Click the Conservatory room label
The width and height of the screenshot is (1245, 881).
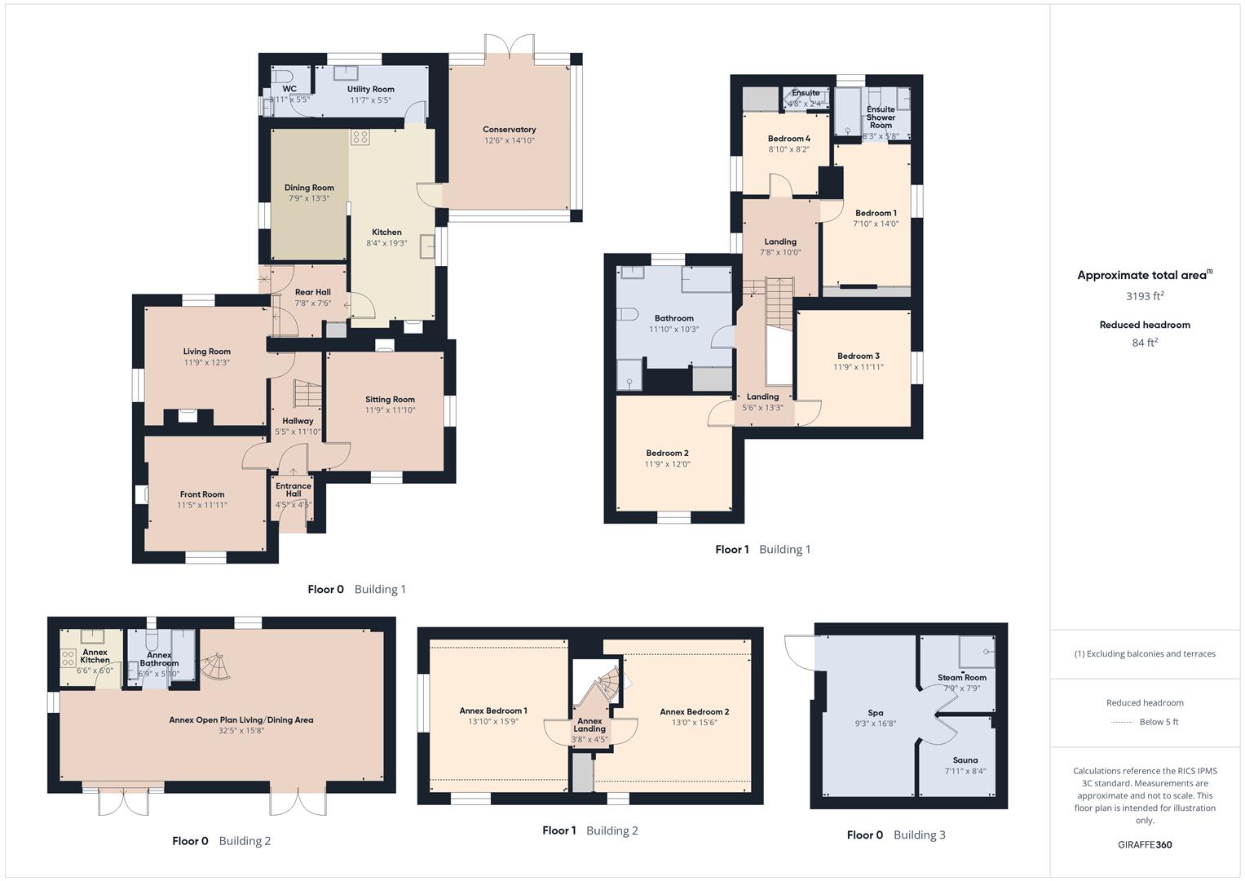(509, 130)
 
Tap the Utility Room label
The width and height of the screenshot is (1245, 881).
(370, 90)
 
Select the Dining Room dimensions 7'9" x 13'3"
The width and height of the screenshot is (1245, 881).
(309, 198)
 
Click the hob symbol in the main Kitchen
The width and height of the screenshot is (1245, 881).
(360, 137)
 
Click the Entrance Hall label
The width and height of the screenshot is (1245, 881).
(294, 489)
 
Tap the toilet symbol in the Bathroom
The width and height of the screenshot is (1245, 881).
(627, 314)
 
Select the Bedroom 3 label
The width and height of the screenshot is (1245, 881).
(858, 356)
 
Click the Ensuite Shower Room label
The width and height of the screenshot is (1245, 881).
(881, 117)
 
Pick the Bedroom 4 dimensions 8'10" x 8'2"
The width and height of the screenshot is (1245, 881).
(788, 149)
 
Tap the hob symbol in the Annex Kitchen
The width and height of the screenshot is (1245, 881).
(69, 657)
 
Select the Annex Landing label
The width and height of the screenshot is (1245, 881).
(589, 724)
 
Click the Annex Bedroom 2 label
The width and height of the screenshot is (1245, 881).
(694, 711)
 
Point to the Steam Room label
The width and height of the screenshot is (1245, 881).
(961, 677)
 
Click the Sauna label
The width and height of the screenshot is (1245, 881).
(965, 759)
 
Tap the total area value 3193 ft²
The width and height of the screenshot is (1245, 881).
(1145, 296)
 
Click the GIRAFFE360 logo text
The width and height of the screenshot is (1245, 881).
(1145, 844)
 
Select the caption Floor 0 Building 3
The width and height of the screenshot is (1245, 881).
(896, 835)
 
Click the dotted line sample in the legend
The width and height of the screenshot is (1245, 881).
(1122, 722)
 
